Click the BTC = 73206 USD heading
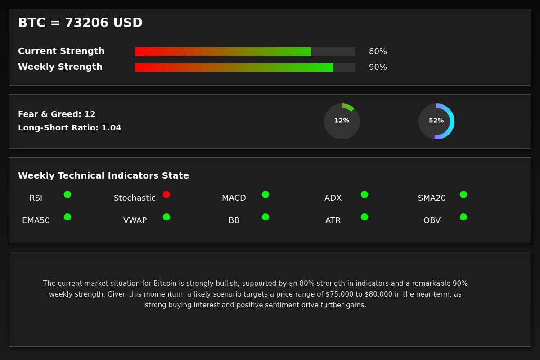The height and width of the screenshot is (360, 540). [80, 23]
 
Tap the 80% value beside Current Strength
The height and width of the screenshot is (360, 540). [378, 51]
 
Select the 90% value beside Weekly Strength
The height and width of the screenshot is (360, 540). [378, 67]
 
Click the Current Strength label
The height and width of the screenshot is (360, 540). [61, 51]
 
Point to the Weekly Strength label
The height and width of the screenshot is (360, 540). [60, 67]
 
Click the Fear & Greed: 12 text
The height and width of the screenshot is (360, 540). [57, 114]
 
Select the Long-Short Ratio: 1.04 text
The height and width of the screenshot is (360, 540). [70, 128]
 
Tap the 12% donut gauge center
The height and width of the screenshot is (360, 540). [342, 121]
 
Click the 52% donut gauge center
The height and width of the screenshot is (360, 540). [436, 121]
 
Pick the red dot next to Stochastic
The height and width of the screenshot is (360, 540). [166, 194]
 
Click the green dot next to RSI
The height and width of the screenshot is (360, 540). [67, 194]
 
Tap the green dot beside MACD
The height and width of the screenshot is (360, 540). [265, 194]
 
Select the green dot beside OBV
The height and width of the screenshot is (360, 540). [463, 217]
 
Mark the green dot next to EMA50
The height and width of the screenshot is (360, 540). [67, 217]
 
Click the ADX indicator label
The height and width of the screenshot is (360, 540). [333, 198]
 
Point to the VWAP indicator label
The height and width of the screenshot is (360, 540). [135, 220]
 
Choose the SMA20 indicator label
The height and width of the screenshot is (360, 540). [432, 198]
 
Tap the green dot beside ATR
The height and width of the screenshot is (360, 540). [364, 217]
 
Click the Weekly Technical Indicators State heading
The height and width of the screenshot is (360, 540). [103, 176]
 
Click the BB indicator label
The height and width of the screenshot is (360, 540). [234, 220]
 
